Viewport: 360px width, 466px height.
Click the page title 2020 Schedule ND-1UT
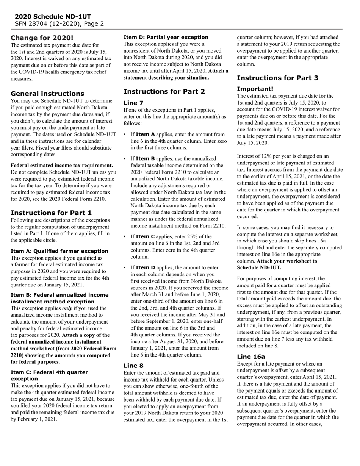[53, 17]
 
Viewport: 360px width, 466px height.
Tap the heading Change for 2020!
[42, 38]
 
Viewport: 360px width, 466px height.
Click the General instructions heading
[47, 94]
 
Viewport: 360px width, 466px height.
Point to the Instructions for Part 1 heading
[51, 213]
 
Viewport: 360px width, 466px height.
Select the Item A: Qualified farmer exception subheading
[59, 251]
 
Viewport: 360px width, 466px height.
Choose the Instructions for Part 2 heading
[164, 92]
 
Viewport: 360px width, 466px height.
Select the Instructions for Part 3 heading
[277, 78]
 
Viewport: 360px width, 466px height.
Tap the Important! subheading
[255, 89]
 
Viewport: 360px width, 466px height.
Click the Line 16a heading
[251, 357]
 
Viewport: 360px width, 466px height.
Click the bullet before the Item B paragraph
[125, 159]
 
